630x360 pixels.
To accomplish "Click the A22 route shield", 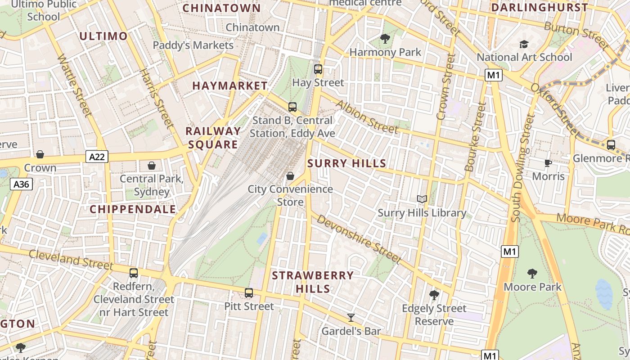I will click(x=97, y=157).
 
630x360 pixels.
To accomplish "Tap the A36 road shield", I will click(x=22, y=184).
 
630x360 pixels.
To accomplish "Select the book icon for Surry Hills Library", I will click(x=422, y=199).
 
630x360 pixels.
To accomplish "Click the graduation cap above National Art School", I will click(x=524, y=44).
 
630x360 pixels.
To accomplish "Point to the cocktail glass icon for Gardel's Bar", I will click(x=351, y=318).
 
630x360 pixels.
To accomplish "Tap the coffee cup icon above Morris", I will click(x=548, y=163).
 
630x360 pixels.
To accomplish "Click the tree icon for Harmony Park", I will click(x=385, y=39).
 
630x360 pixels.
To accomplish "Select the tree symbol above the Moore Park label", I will click(x=532, y=273).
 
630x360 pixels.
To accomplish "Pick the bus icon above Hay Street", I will click(x=318, y=69).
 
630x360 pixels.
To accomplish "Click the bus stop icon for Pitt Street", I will click(x=249, y=293).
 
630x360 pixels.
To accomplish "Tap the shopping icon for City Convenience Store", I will click(x=290, y=176).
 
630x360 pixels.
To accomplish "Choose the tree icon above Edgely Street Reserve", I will click(x=434, y=295).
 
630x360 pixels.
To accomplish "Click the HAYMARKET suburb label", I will click(x=230, y=85).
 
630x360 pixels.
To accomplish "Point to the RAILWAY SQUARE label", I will click(x=213, y=138).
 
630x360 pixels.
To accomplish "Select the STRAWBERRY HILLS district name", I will click(x=313, y=282).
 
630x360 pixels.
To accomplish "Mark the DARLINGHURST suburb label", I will click(x=539, y=8).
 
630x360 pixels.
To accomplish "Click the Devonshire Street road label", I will click(x=358, y=238).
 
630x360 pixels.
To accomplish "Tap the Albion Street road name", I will click(x=367, y=117).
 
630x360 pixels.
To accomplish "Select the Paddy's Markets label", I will click(x=193, y=45).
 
